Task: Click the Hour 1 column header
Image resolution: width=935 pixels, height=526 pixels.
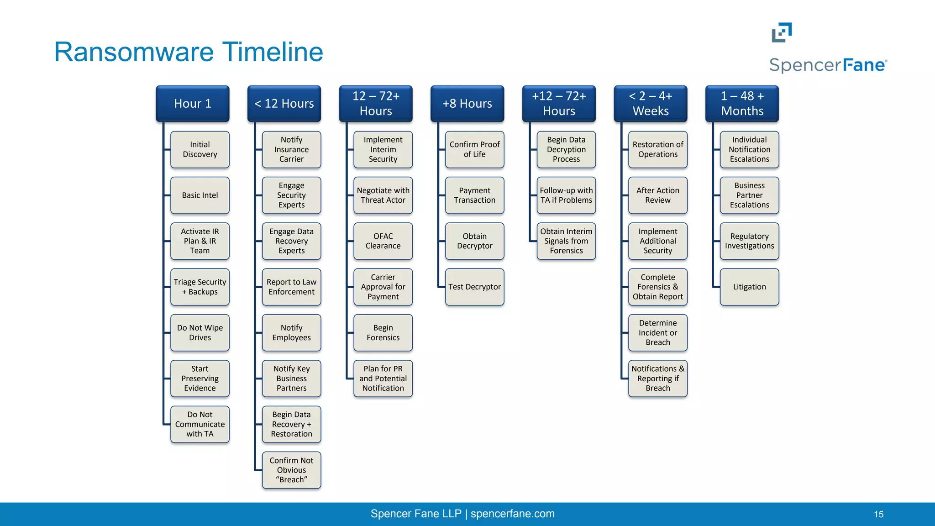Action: pyautogui.click(x=192, y=104)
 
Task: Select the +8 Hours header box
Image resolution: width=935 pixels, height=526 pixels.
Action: pyautogui.click(x=467, y=104)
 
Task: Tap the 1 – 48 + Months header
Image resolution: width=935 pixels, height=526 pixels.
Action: pyautogui.click(x=742, y=104)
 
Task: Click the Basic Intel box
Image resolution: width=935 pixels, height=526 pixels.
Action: pyautogui.click(x=200, y=195)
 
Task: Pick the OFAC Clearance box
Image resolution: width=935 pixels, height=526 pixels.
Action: pyautogui.click(x=383, y=241)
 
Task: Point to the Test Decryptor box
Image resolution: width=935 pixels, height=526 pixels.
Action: pyautogui.click(x=474, y=287)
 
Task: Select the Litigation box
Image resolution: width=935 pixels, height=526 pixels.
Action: pyautogui.click(x=749, y=287)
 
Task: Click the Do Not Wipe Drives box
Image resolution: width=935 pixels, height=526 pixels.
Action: pyautogui.click(x=200, y=333)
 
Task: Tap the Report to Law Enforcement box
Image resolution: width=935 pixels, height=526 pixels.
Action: pyautogui.click(x=291, y=287)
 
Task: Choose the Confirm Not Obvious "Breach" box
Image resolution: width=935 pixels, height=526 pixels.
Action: pyautogui.click(x=291, y=470)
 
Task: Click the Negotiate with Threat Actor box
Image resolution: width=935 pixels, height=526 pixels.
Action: pyautogui.click(x=383, y=195)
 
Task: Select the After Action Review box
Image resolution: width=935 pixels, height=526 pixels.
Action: pyautogui.click(x=657, y=195)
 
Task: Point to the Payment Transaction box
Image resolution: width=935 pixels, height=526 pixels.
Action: pyautogui.click(x=474, y=195)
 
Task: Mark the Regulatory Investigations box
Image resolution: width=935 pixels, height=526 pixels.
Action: pyautogui.click(x=749, y=241)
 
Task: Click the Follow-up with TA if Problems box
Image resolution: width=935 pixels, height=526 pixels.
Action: pyautogui.click(x=566, y=195)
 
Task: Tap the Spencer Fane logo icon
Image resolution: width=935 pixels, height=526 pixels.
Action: pyautogui.click(x=782, y=32)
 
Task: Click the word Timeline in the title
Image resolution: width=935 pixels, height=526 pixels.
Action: pyautogui.click(x=273, y=52)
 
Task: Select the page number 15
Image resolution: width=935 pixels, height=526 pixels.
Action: pyautogui.click(x=878, y=514)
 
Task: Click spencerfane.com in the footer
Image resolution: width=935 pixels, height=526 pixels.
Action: pyautogui.click(x=512, y=514)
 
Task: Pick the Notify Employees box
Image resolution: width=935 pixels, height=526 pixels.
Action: pyautogui.click(x=291, y=333)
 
